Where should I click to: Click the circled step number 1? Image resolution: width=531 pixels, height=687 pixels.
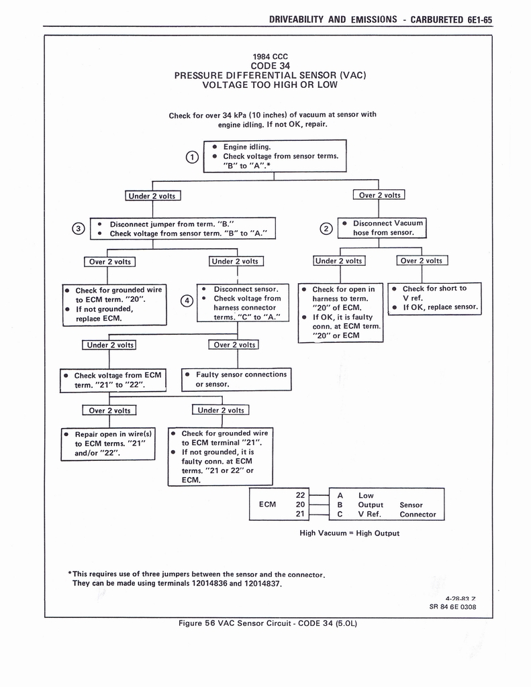tap(192, 157)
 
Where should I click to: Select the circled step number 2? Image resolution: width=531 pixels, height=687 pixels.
tap(326, 229)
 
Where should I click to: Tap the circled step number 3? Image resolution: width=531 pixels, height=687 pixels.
tap(79, 229)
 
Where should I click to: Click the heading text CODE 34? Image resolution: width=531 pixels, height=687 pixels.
tap(269, 66)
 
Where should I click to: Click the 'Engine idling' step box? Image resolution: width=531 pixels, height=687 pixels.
tap(275, 156)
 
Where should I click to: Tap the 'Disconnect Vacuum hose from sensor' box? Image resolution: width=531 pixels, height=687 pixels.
tap(383, 227)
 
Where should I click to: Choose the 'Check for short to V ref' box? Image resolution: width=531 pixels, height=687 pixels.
tap(435, 299)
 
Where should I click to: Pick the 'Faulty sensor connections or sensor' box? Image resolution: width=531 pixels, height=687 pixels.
tap(236, 379)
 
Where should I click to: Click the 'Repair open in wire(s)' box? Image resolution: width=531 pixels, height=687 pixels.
tap(109, 443)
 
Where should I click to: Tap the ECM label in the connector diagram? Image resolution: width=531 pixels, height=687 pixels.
tap(267, 505)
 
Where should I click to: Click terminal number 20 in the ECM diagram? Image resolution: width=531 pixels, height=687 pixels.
tap(301, 505)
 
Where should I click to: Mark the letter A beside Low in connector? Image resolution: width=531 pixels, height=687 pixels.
tap(340, 495)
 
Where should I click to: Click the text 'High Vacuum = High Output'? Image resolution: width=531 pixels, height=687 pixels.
tap(349, 533)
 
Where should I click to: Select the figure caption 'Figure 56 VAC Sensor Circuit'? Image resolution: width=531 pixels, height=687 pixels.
tap(267, 623)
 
